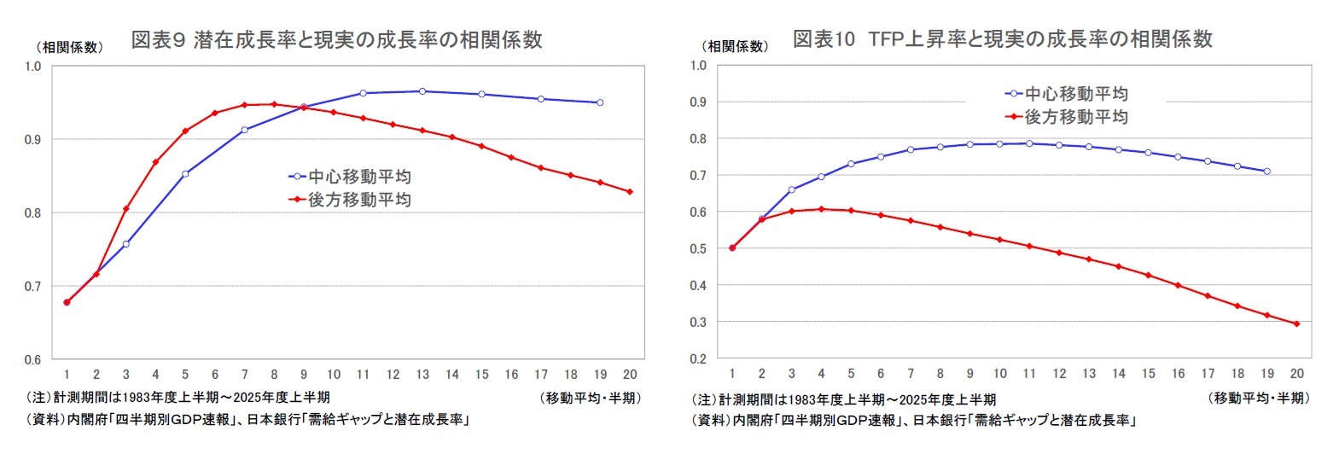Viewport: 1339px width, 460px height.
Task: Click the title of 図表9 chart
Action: point(336,40)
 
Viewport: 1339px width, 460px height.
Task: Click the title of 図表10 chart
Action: point(1002,39)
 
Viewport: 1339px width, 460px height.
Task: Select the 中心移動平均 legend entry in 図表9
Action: point(350,177)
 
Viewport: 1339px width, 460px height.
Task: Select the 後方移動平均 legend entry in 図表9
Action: point(350,200)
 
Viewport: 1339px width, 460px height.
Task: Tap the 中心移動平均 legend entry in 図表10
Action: point(1067,94)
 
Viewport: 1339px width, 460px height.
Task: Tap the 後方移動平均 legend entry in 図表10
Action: point(1067,117)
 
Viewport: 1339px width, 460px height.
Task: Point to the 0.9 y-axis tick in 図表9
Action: point(32,139)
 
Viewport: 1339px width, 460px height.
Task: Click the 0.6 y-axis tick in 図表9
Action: point(32,359)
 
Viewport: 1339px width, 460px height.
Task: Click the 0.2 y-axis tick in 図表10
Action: point(698,359)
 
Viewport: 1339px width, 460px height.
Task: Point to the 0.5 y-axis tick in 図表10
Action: point(698,248)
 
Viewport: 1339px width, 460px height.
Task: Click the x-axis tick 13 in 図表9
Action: point(422,375)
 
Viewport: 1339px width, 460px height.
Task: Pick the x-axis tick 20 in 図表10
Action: point(1296,374)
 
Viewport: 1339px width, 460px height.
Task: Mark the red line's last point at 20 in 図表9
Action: point(630,192)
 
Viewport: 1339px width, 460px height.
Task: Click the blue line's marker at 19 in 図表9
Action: point(600,102)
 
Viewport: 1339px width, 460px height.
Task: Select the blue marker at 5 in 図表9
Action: point(185,173)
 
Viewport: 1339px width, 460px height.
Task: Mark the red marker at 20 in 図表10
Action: point(1296,323)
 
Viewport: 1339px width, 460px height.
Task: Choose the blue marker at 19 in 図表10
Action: point(1266,172)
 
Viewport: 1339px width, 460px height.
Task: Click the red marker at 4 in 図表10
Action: point(821,208)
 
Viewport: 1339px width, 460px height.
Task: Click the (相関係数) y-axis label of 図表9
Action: point(69,48)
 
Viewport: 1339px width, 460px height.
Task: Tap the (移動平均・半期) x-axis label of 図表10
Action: point(1259,399)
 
